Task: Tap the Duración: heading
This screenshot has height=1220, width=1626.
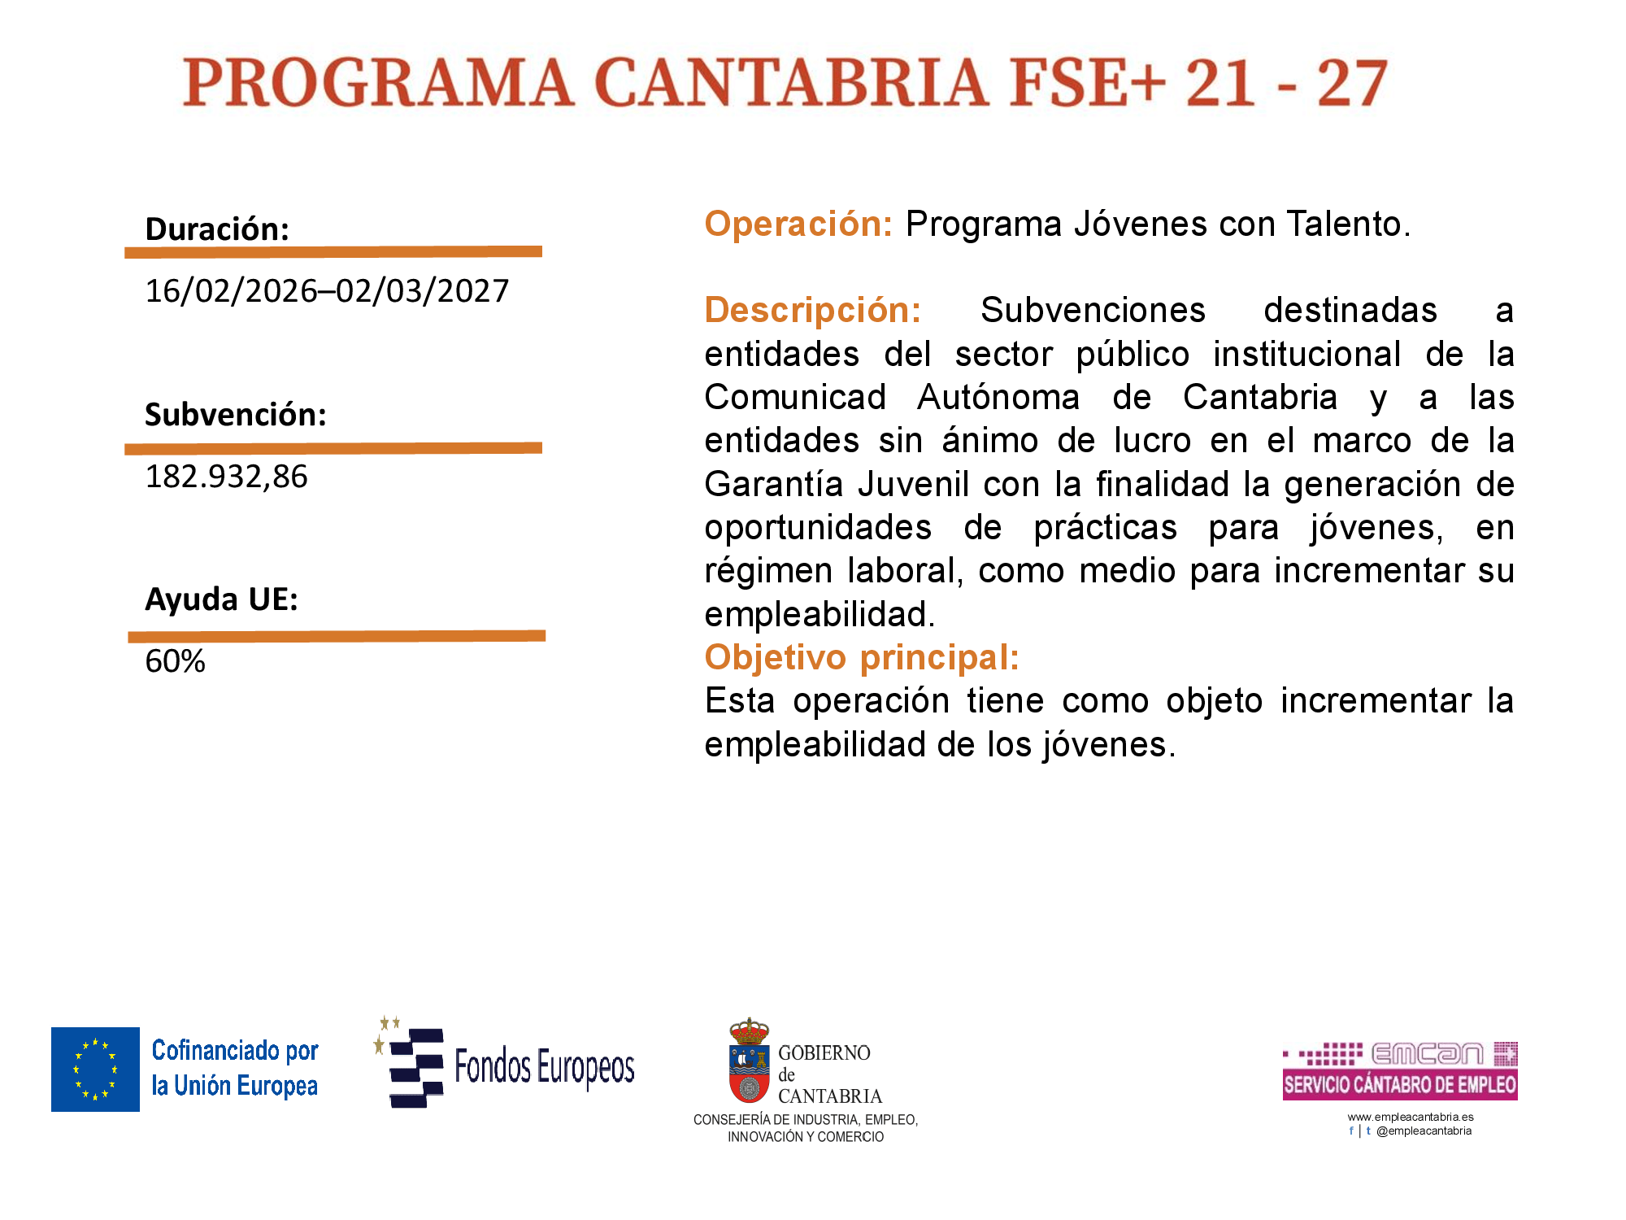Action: pos(217,229)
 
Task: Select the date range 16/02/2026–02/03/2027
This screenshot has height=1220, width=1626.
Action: pos(327,290)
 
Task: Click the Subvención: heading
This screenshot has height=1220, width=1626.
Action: pos(236,415)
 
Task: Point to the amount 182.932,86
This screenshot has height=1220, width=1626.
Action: pos(226,476)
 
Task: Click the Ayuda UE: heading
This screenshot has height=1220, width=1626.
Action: pos(221,599)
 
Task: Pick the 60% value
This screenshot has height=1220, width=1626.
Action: pos(175,660)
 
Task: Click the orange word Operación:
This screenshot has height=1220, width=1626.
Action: pos(798,224)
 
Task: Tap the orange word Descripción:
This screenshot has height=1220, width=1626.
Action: pos(813,311)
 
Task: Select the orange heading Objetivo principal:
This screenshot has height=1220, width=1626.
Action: pos(862,657)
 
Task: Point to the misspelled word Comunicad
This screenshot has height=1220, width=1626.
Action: pos(795,397)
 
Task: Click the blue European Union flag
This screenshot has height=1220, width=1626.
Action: pos(95,1069)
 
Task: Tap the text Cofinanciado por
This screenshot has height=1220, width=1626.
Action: pos(235,1051)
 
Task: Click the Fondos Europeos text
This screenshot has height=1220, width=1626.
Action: pos(545,1067)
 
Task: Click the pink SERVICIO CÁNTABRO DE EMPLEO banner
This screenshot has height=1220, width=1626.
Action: pos(1400,1085)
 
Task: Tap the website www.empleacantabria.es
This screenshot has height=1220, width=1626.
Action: pos(1411,1117)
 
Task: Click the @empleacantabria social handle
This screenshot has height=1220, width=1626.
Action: pos(1424,1131)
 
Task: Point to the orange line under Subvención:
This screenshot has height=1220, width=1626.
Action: pos(333,448)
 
